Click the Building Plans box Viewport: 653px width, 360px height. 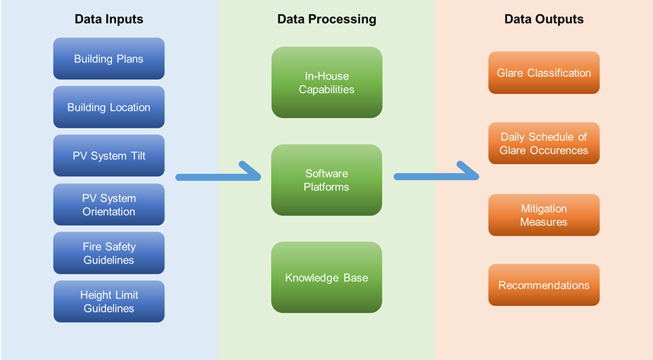click(x=109, y=59)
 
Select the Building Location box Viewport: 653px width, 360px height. click(x=109, y=107)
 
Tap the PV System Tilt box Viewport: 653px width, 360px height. click(x=109, y=156)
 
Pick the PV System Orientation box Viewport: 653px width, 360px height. click(x=109, y=205)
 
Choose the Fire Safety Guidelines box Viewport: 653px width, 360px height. click(x=109, y=253)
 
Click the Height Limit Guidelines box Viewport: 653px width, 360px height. click(x=109, y=301)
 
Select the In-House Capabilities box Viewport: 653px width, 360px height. click(x=326, y=82)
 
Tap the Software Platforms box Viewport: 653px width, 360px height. click(x=326, y=180)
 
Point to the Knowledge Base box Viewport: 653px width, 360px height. click(x=326, y=277)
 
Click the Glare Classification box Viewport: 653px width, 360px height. click(x=544, y=73)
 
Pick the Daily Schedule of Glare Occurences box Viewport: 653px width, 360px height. click(x=544, y=143)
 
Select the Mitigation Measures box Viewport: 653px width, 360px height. click(x=544, y=215)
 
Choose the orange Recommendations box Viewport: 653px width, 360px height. click(x=544, y=285)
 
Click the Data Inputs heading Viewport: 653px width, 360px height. click(x=109, y=19)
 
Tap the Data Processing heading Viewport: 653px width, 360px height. click(x=326, y=19)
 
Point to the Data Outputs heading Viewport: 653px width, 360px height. click(x=544, y=19)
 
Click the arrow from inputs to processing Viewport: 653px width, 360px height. click(x=217, y=176)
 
